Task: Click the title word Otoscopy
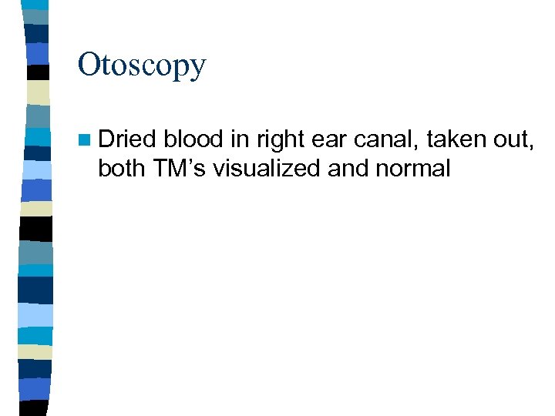[142, 66]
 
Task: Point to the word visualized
[267, 169]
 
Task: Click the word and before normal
[348, 169]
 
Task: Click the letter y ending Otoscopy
[198, 69]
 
